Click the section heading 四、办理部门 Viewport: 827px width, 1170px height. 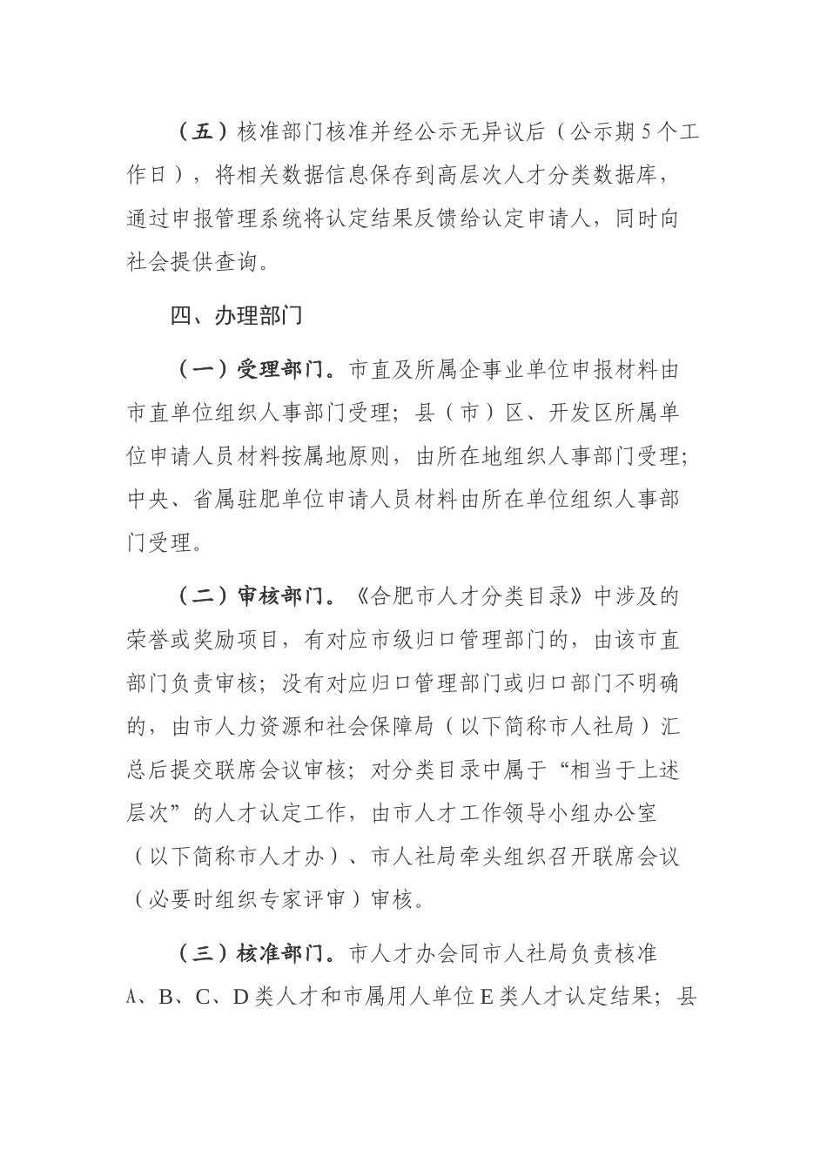(237, 316)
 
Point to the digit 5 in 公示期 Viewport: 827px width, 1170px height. (645, 131)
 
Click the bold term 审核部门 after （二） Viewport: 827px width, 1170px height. (279, 597)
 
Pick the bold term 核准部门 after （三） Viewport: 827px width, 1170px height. (279, 953)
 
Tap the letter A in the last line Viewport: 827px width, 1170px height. (132, 998)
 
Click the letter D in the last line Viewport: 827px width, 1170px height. (241, 998)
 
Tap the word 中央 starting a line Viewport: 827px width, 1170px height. (148, 500)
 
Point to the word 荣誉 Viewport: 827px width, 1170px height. (148, 641)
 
